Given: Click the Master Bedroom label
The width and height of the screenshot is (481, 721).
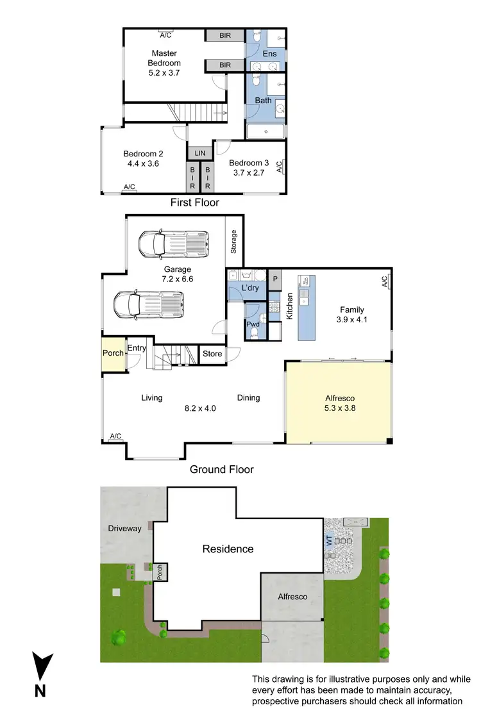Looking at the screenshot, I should click(164, 58).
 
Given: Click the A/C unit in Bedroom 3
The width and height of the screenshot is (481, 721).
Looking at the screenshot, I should click(279, 167).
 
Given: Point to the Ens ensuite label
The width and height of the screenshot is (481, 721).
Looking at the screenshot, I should click(270, 55).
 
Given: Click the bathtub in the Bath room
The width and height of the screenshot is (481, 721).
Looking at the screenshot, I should click(266, 132).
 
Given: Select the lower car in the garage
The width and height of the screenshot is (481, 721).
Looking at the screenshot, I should click(148, 304).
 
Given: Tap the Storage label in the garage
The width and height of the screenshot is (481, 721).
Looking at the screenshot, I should click(234, 242).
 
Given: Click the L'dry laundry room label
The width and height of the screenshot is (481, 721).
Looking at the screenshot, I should click(249, 289).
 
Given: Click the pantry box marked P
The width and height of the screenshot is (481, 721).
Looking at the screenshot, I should click(274, 279).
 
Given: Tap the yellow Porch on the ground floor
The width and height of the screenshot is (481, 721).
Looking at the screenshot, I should click(112, 354).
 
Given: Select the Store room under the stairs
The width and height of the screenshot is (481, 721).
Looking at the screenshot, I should click(212, 354).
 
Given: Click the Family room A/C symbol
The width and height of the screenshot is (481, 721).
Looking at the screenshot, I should click(384, 281).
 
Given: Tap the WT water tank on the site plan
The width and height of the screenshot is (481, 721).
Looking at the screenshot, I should click(330, 541).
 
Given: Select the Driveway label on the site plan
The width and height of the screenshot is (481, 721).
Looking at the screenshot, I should click(124, 529).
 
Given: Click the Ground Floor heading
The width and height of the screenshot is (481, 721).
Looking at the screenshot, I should click(221, 469).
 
